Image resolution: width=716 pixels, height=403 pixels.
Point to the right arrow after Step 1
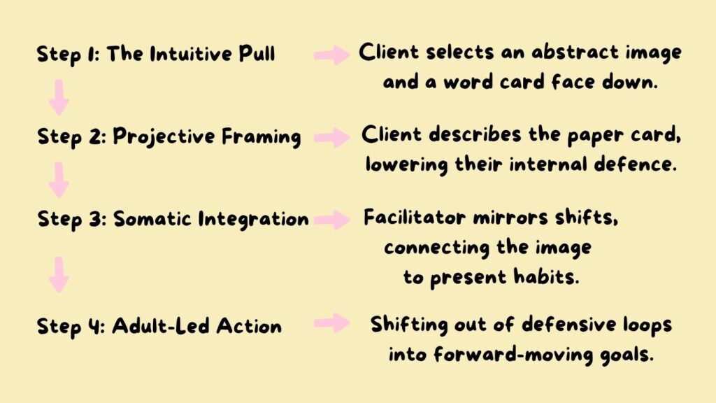click(332, 55)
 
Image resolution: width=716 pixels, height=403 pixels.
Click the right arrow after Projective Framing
click(332, 138)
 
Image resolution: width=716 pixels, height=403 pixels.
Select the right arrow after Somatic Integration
click(332, 220)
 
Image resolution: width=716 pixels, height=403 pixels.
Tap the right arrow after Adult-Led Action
click(332, 323)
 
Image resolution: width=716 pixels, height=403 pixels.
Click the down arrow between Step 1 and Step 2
click(59, 98)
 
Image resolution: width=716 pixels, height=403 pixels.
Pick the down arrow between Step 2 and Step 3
click(59, 180)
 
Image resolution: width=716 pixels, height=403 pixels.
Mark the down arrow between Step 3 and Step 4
click(59, 274)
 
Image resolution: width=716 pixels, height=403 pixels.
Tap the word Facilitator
click(415, 217)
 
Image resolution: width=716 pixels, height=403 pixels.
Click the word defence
click(635, 164)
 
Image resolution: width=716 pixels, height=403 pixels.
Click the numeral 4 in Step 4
click(94, 326)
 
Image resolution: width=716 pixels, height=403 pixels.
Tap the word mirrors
click(510, 218)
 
